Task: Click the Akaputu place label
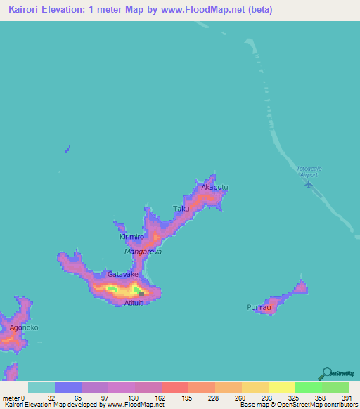pos(215,188)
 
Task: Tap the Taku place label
pos(181,209)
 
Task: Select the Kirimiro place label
pos(131,237)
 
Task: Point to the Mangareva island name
pos(143,251)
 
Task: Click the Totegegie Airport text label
pos(307,171)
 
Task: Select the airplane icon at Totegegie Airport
pos(309,184)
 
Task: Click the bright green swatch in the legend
pos(309,387)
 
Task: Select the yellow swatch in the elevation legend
pos(282,387)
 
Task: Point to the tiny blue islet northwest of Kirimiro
pos(67,149)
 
